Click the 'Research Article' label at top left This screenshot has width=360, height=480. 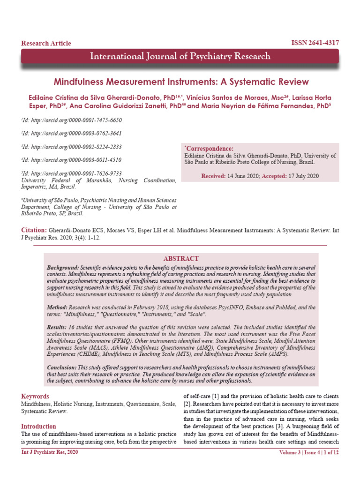coord(46,44)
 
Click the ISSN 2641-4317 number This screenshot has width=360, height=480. coord(315,43)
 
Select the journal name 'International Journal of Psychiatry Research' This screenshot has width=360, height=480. coord(180,57)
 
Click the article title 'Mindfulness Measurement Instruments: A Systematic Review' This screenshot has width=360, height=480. coord(181,82)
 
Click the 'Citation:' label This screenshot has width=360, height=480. coord(33,231)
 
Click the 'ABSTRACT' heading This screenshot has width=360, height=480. coord(180,259)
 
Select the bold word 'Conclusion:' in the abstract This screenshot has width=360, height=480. coord(62,367)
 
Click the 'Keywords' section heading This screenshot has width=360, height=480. coord(35,397)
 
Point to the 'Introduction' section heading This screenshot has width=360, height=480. coord(38,427)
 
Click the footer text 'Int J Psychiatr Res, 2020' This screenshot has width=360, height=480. coord(50,452)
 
